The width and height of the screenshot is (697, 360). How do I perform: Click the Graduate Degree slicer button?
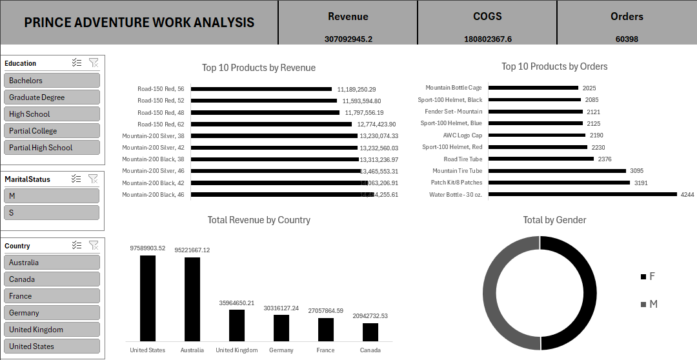coord(52,97)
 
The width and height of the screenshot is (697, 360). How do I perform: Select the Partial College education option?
coord(52,131)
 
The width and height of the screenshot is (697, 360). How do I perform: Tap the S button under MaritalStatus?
coord(52,212)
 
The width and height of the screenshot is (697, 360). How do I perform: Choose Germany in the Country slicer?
coord(52,313)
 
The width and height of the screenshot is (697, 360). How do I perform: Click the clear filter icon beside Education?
coord(94,63)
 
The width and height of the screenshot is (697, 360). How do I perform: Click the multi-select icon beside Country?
coord(77,245)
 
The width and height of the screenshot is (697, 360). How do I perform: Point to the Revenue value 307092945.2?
coord(348,39)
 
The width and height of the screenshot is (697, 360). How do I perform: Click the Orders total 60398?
coord(627,39)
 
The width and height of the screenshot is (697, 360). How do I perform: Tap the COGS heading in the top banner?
coord(487,17)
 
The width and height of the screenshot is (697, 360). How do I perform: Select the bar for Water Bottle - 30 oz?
coord(583,194)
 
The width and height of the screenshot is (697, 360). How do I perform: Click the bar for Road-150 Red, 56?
coord(261,89)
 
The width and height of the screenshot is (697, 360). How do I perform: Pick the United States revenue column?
coord(148,298)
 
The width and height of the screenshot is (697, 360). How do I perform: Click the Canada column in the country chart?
coord(370,332)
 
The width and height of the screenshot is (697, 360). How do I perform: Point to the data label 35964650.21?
coord(236,303)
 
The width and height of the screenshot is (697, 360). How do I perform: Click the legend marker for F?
coord(643,277)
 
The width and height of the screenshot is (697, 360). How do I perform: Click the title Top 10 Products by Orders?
coord(554,66)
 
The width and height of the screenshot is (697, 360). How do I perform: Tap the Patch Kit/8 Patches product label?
coord(456,183)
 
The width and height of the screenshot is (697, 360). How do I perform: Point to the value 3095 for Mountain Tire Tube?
coord(637,171)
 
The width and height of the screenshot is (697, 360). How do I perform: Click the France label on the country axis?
coord(326,350)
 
